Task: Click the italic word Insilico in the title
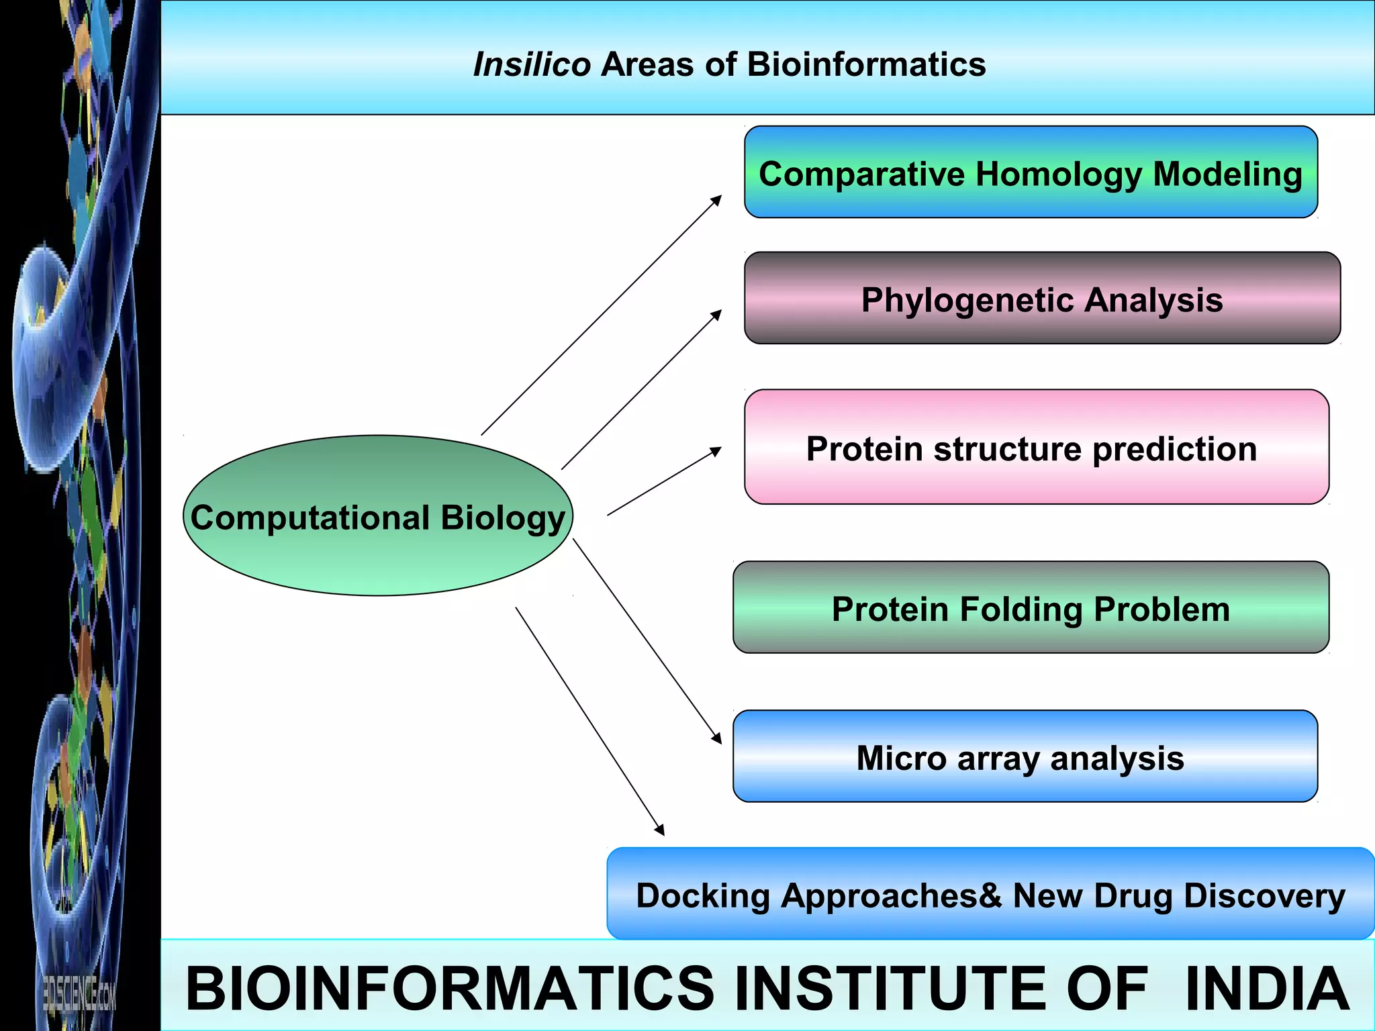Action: click(532, 65)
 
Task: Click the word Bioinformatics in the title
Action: click(866, 65)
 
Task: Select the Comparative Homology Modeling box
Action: click(1031, 173)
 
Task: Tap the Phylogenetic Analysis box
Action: click(1042, 299)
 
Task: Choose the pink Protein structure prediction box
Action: click(1036, 448)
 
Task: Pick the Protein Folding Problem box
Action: click(1031, 608)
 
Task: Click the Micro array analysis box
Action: click(1025, 757)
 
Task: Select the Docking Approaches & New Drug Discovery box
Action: click(990, 895)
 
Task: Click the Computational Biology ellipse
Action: click(377, 517)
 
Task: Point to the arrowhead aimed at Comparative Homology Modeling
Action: click(717, 199)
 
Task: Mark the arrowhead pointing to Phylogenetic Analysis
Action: click(717, 314)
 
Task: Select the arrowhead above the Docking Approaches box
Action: click(659, 830)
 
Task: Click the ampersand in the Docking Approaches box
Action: click(990, 895)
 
